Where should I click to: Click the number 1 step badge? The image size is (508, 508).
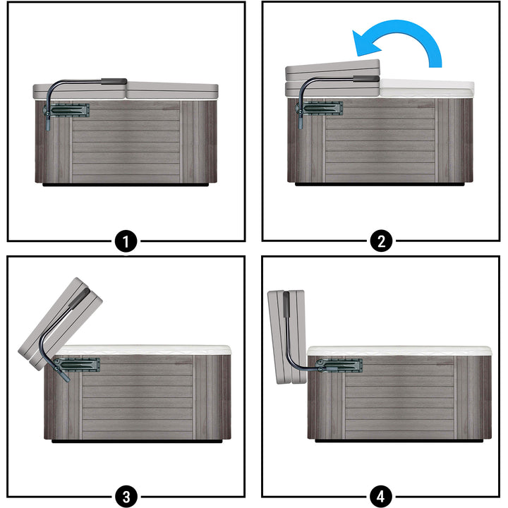[x=126, y=241]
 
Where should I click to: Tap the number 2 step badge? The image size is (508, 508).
[x=381, y=241]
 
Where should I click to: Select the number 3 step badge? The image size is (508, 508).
[x=126, y=496]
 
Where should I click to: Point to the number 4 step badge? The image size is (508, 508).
[x=381, y=496]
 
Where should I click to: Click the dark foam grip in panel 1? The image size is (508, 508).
[x=114, y=81]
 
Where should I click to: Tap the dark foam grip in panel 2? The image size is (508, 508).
[x=366, y=79]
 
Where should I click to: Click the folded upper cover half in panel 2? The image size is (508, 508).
[x=332, y=71]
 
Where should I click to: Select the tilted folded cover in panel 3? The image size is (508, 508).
[x=60, y=324]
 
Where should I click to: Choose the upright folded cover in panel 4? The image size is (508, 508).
[x=286, y=337]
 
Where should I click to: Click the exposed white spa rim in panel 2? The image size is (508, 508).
[x=427, y=88]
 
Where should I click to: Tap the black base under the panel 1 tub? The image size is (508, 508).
[x=126, y=185]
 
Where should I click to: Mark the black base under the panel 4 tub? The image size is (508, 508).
[x=399, y=440]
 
